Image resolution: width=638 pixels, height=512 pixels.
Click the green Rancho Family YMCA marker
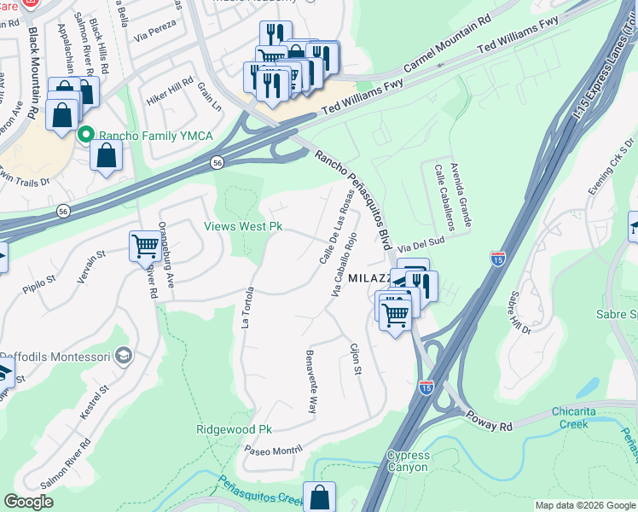(85, 135)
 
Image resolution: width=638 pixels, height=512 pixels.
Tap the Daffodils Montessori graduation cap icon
(123, 355)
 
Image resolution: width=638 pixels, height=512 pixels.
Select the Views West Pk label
(242, 227)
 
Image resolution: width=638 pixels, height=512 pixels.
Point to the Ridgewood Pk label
(234, 429)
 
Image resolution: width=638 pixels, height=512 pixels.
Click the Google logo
(29, 502)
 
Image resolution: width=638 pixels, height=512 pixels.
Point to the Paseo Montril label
(274, 450)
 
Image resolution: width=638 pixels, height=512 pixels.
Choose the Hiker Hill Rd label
(170, 88)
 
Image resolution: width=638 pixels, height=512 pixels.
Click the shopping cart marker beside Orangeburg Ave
(146, 247)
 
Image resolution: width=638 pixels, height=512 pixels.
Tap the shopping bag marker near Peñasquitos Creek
(319, 497)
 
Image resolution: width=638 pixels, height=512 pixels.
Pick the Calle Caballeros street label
(444, 199)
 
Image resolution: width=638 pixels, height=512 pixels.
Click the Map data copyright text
(584, 505)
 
